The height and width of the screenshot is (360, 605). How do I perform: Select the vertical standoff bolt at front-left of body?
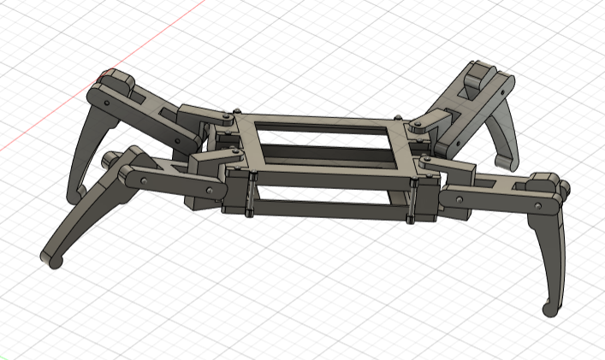249,196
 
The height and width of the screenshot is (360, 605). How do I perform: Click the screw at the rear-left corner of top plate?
235,112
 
